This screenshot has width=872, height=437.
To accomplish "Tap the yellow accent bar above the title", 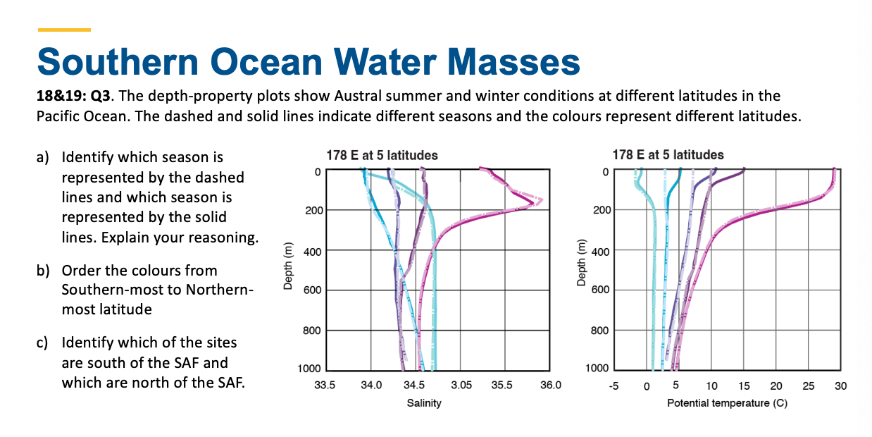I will [64, 30].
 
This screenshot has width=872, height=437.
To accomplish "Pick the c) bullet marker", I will [43, 343].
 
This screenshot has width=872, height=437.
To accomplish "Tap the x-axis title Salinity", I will [424, 403].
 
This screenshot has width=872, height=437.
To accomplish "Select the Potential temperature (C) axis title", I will [727, 403].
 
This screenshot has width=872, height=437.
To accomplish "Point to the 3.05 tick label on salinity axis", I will [461, 385].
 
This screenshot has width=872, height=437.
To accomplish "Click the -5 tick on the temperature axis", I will [614, 385].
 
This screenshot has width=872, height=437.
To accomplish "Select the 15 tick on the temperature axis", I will [743, 385].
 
